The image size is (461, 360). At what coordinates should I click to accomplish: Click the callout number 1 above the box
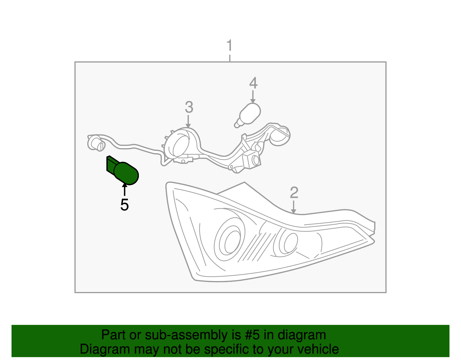coord(229,46)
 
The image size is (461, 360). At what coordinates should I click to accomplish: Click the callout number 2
coord(294,193)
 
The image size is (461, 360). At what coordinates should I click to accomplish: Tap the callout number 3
coord(189,107)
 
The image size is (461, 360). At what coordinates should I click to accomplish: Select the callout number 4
coord(253,83)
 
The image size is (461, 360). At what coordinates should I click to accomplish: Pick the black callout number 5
coord(124,205)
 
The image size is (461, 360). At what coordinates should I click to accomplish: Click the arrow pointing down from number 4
coord(253,97)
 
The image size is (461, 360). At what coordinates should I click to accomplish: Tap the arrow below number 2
coord(294,208)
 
